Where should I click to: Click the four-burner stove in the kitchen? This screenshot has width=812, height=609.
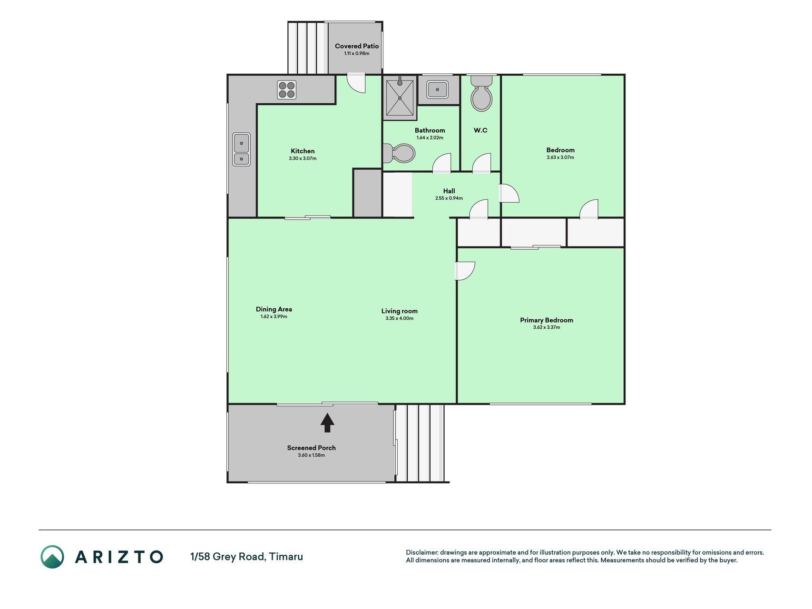[287, 90]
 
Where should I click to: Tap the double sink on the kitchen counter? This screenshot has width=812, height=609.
[241, 149]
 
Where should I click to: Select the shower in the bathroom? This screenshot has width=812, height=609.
[400, 98]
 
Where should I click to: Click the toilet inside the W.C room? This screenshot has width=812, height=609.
[481, 94]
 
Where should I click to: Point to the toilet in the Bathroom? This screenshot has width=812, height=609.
[399, 153]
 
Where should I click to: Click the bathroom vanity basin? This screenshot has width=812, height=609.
[437, 89]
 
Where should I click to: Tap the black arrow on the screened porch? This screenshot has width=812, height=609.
[327, 422]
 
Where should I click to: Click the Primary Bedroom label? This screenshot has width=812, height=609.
[547, 320]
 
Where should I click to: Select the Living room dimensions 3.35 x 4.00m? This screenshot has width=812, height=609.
[400, 318]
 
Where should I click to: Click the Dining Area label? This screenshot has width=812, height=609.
[274, 309]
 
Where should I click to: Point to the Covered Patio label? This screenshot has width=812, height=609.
[357, 46]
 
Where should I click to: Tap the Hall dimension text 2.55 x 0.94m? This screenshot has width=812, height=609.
[449, 198]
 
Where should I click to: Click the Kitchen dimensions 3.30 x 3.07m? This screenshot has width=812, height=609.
[303, 158]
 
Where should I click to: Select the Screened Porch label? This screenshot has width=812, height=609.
[312, 448]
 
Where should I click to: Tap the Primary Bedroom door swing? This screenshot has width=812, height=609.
[465, 271]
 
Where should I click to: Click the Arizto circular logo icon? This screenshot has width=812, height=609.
[52, 557]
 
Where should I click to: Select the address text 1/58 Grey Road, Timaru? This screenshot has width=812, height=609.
[246, 557]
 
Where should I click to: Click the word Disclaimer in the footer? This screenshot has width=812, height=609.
[422, 552]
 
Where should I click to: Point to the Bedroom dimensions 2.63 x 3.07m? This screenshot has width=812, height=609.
[560, 157]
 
